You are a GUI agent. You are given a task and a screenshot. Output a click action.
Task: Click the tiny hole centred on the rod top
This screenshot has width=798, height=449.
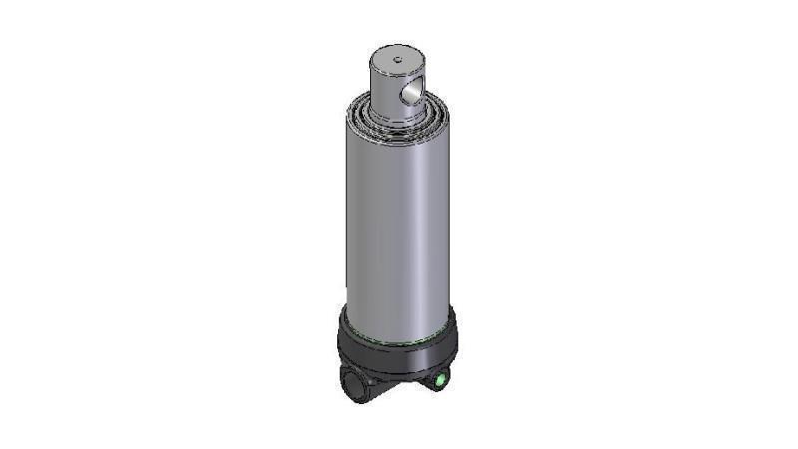(396, 60)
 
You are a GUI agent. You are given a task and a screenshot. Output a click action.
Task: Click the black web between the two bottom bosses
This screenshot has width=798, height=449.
(394, 385)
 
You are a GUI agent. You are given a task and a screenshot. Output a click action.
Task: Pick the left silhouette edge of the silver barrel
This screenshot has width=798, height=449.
(344, 220)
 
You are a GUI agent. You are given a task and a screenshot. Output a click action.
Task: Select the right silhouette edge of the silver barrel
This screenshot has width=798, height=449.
(450, 220)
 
